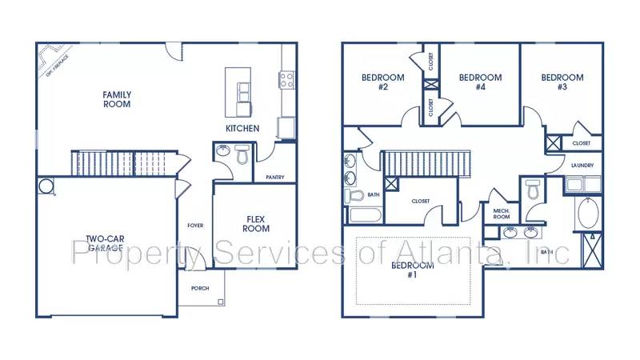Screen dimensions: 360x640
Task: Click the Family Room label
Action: tap(117, 99)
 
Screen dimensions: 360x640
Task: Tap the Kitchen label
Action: tap(242, 128)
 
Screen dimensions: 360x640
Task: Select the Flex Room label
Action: tap(256, 223)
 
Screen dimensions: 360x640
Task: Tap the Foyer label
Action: tap(194, 226)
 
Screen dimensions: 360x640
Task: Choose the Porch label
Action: tap(199, 289)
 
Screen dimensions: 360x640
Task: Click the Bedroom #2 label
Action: tap(382, 82)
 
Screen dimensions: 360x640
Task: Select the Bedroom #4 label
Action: tap(480, 82)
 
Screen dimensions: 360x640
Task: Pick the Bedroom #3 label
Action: tap(562, 82)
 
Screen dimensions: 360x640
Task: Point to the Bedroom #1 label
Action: tap(413, 270)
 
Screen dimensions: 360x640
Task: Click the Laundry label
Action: tap(582, 166)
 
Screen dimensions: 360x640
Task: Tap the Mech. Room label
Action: tap(502, 213)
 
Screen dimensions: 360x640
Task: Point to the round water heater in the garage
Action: tap(46, 186)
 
